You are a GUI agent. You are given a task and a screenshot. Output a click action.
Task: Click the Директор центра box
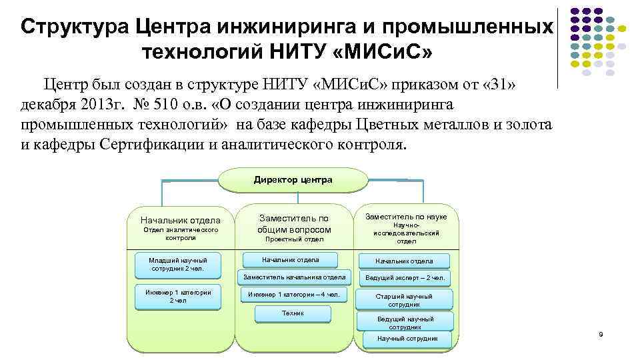293,180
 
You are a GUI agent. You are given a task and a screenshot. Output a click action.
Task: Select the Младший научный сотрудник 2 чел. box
178,265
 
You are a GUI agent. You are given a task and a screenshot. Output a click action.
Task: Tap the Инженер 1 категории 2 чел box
178,297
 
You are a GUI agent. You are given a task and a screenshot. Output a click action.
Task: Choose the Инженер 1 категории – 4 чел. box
294,295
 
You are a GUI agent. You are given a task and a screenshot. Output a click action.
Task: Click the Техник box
293,314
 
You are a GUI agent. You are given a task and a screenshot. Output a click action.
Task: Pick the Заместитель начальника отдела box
294,277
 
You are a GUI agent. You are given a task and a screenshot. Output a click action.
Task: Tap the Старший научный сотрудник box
405,300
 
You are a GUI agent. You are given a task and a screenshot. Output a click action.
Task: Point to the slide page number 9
600,333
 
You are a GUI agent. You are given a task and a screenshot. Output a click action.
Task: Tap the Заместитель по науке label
405,217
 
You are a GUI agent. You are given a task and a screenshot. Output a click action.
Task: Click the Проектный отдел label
294,239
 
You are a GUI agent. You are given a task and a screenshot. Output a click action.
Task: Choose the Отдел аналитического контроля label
181,233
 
